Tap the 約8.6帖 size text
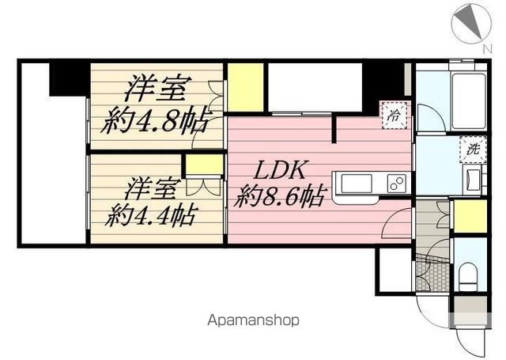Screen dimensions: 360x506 coord(280,196)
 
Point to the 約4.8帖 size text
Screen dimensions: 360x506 coord(157,121)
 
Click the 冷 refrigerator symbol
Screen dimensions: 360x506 coord(395,115)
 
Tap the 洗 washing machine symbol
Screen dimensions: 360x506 coord(472,148)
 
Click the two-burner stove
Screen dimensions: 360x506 coord(396,184)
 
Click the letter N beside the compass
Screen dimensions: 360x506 coord(486,49)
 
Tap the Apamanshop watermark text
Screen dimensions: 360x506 coord(254,321)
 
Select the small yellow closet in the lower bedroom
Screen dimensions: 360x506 coord(204,165)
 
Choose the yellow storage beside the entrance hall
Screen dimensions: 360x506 coord(470,217)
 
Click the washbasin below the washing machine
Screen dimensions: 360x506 coord(474,176)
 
